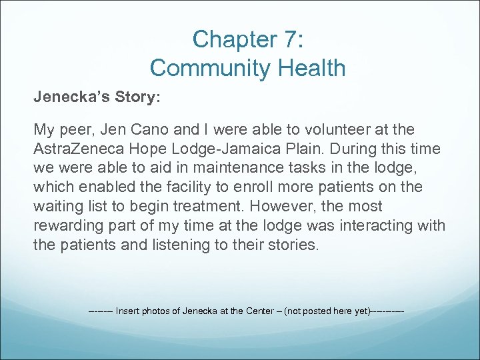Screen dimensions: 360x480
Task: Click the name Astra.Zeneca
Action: tap(72, 148)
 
